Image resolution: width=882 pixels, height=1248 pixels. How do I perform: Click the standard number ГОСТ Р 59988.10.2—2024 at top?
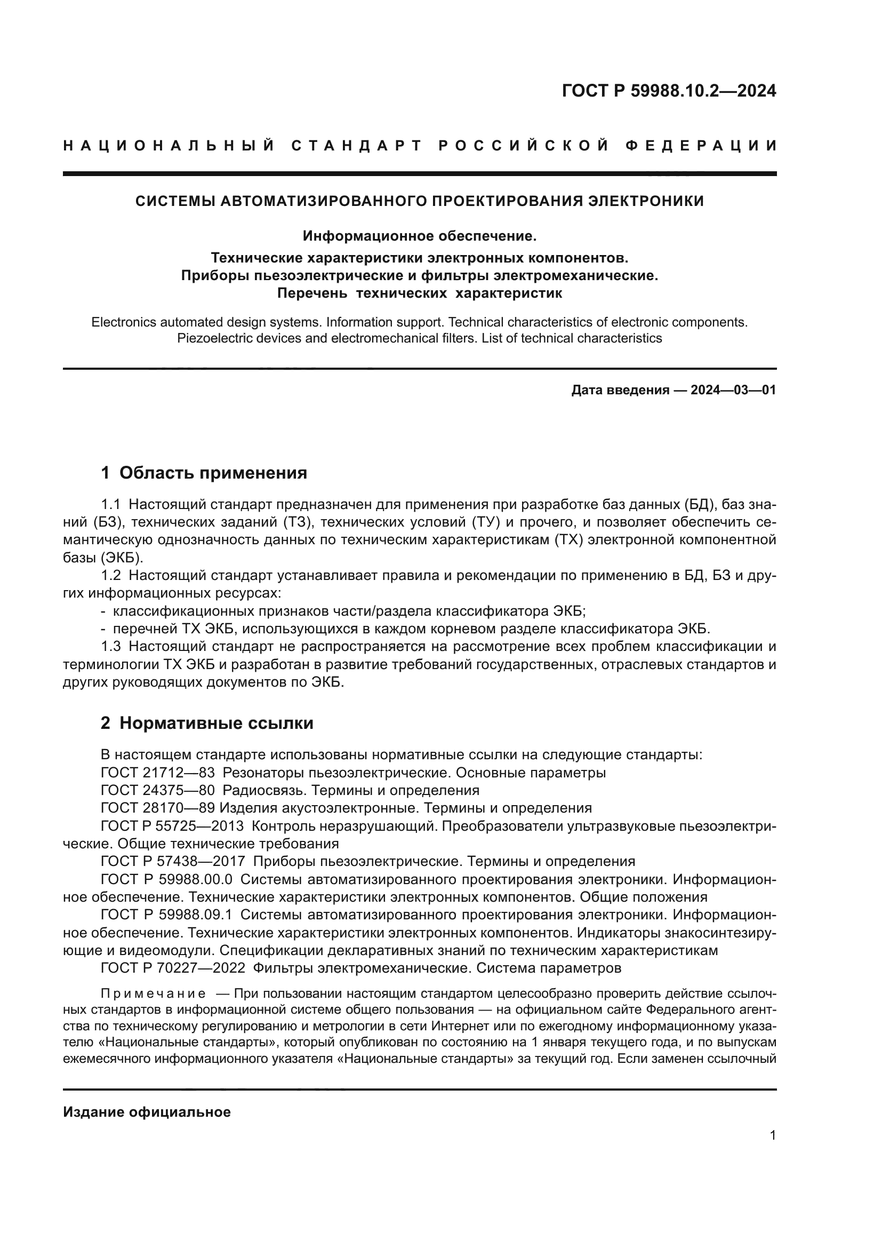669,91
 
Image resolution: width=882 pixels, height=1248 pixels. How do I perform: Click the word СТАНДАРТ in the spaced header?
357,146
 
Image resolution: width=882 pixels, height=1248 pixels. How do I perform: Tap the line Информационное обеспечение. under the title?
419,236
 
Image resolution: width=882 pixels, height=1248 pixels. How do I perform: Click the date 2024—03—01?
733,390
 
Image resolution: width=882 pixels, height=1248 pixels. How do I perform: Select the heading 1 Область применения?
204,472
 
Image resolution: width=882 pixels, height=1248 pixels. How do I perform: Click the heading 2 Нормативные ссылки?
207,723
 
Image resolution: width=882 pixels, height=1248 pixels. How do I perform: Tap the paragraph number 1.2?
111,575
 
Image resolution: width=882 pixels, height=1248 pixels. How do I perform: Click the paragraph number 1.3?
111,646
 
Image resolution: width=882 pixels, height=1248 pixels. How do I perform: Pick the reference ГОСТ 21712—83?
157,773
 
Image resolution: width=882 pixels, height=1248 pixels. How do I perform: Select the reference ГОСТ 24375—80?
157,790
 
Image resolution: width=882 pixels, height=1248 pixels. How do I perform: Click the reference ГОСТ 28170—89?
157,808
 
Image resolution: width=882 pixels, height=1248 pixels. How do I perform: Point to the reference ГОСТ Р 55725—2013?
173,826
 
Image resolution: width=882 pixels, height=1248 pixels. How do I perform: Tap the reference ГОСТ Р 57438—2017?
173,861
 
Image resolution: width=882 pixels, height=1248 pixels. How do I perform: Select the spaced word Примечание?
153,994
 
